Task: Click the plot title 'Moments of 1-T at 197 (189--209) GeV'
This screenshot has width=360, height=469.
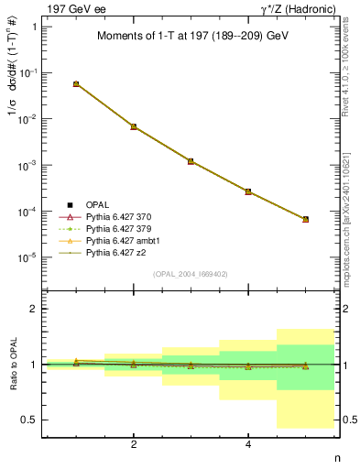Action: [x=192, y=37]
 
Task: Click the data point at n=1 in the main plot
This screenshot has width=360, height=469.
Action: [x=76, y=83]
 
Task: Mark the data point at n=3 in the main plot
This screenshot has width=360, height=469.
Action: [x=191, y=161]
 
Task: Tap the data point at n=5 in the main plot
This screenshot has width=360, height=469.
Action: [x=305, y=220]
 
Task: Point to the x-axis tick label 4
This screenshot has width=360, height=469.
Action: [x=248, y=444]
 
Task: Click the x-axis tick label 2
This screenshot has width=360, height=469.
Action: [x=134, y=444]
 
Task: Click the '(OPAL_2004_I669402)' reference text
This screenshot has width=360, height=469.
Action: [x=191, y=273]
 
